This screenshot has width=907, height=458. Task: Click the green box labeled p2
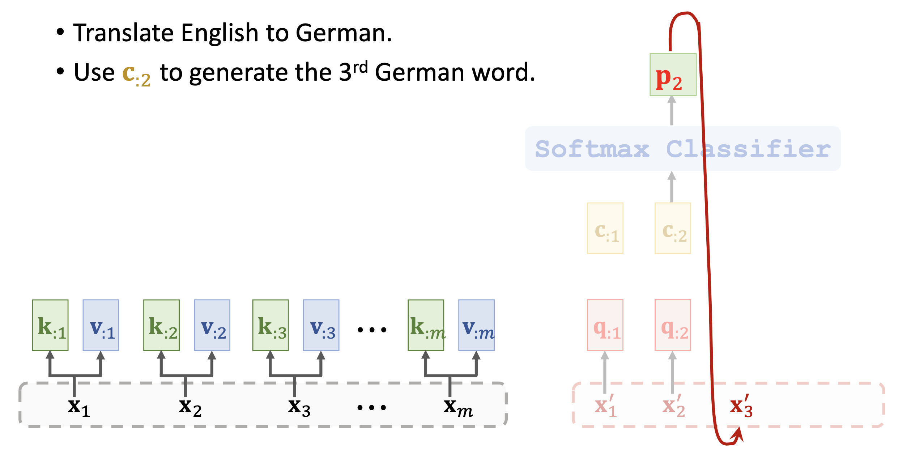673,75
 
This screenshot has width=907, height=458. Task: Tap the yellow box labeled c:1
605,228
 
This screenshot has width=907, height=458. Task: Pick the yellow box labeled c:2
673,228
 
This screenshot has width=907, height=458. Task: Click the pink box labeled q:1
605,325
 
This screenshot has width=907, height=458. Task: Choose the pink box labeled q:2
673,325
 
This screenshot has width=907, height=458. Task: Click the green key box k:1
50,325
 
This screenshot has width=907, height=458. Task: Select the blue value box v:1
101,325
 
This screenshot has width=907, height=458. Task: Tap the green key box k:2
161,325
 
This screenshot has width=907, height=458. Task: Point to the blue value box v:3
321,325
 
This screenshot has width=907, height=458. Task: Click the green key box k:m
426,325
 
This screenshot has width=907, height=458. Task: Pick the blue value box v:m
476,325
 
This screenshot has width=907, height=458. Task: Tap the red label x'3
741,406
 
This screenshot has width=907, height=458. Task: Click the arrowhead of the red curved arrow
738,434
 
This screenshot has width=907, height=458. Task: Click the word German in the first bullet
343,33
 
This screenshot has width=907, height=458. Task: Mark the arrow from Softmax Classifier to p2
672,111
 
